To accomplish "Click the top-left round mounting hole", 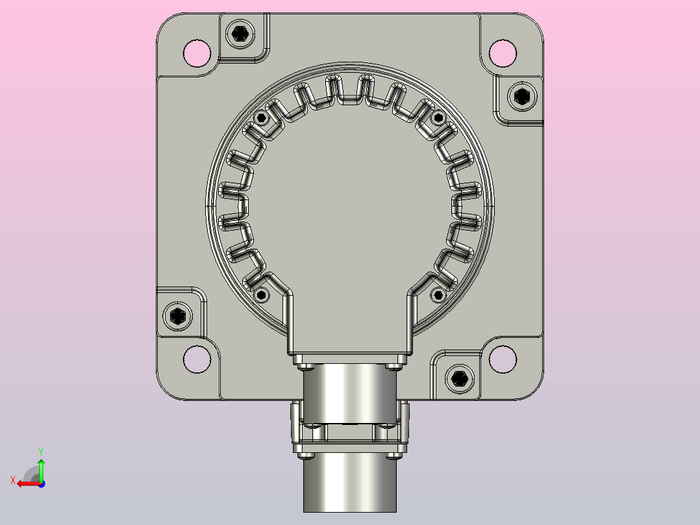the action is tap(197, 53).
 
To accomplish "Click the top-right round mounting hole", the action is tap(503, 53).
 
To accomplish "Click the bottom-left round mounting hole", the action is tap(197, 359).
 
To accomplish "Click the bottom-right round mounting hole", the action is tap(503, 359).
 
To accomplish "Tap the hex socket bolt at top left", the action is tap(241, 34).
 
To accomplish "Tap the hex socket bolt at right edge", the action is tap(522, 97).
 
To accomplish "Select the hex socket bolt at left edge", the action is tap(178, 316).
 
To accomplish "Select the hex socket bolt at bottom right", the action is tap(459, 379).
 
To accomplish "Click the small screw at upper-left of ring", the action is tap(262, 118).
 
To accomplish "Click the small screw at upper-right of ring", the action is tap(438, 118).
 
